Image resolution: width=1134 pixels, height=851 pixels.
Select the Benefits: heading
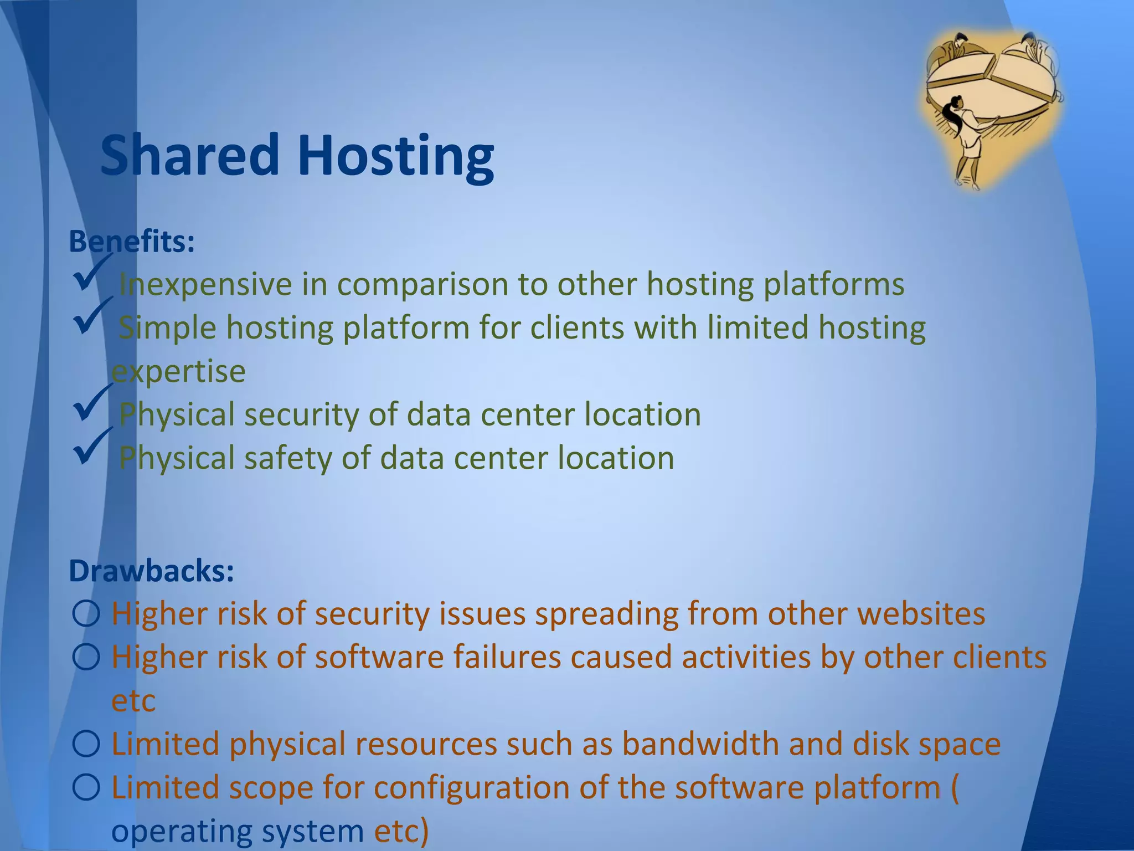(131, 242)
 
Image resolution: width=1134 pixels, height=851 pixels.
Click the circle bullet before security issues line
(86, 614)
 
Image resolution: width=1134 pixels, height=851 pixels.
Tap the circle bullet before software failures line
(86, 658)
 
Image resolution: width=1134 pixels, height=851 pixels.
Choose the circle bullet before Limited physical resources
(86, 744)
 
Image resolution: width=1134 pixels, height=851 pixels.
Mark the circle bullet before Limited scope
(86, 787)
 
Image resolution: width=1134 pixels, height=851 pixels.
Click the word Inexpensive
(205, 285)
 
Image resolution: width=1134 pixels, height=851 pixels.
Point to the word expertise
(178, 371)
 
